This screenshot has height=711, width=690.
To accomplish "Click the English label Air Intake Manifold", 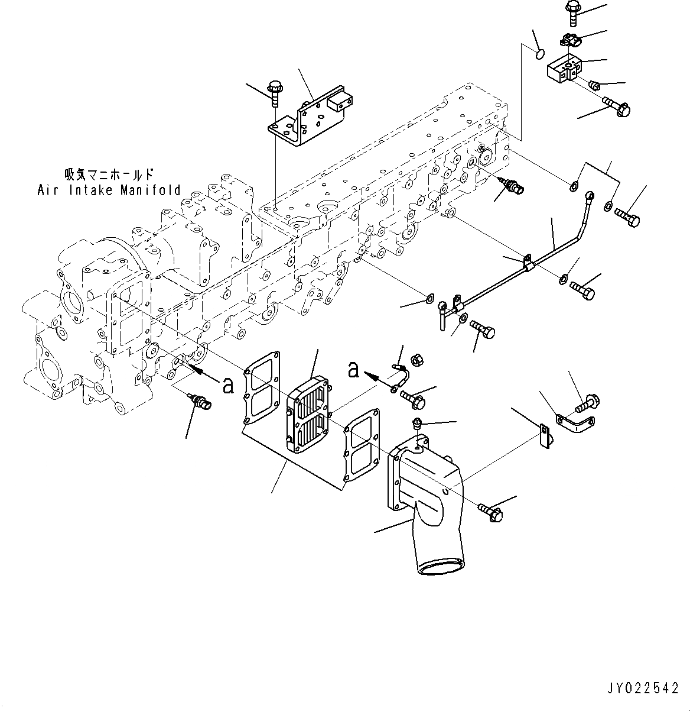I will click(x=109, y=190).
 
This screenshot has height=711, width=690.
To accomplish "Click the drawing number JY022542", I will click(x=643, y=688).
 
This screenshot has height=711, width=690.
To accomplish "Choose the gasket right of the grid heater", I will click(x=362, y=444).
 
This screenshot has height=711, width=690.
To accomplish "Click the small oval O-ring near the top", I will click(x=539, y=54).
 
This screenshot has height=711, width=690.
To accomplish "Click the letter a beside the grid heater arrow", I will click(x=353, y=370).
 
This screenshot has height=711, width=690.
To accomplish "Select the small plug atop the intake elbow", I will click(x=418, y=422).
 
